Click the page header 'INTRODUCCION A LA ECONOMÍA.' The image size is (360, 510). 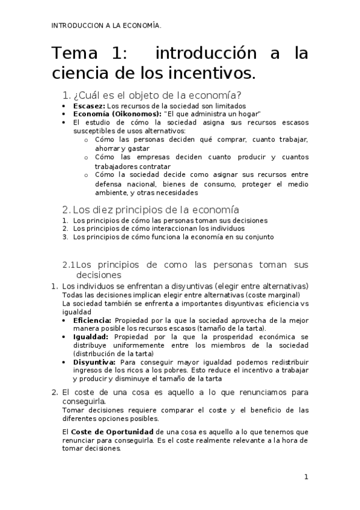tap(106, 25)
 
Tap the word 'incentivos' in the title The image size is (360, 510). tap(207, 73)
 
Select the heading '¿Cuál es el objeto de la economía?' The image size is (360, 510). tap(156, 96)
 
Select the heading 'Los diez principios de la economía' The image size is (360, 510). tap(156, 210)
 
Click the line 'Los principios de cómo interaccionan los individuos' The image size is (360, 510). tap(160, 229)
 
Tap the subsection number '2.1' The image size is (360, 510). tap(69, 265)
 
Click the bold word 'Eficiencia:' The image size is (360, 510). tap(92, 320)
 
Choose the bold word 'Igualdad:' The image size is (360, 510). tap(91, 337)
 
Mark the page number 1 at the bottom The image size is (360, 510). tap(306, 477)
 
